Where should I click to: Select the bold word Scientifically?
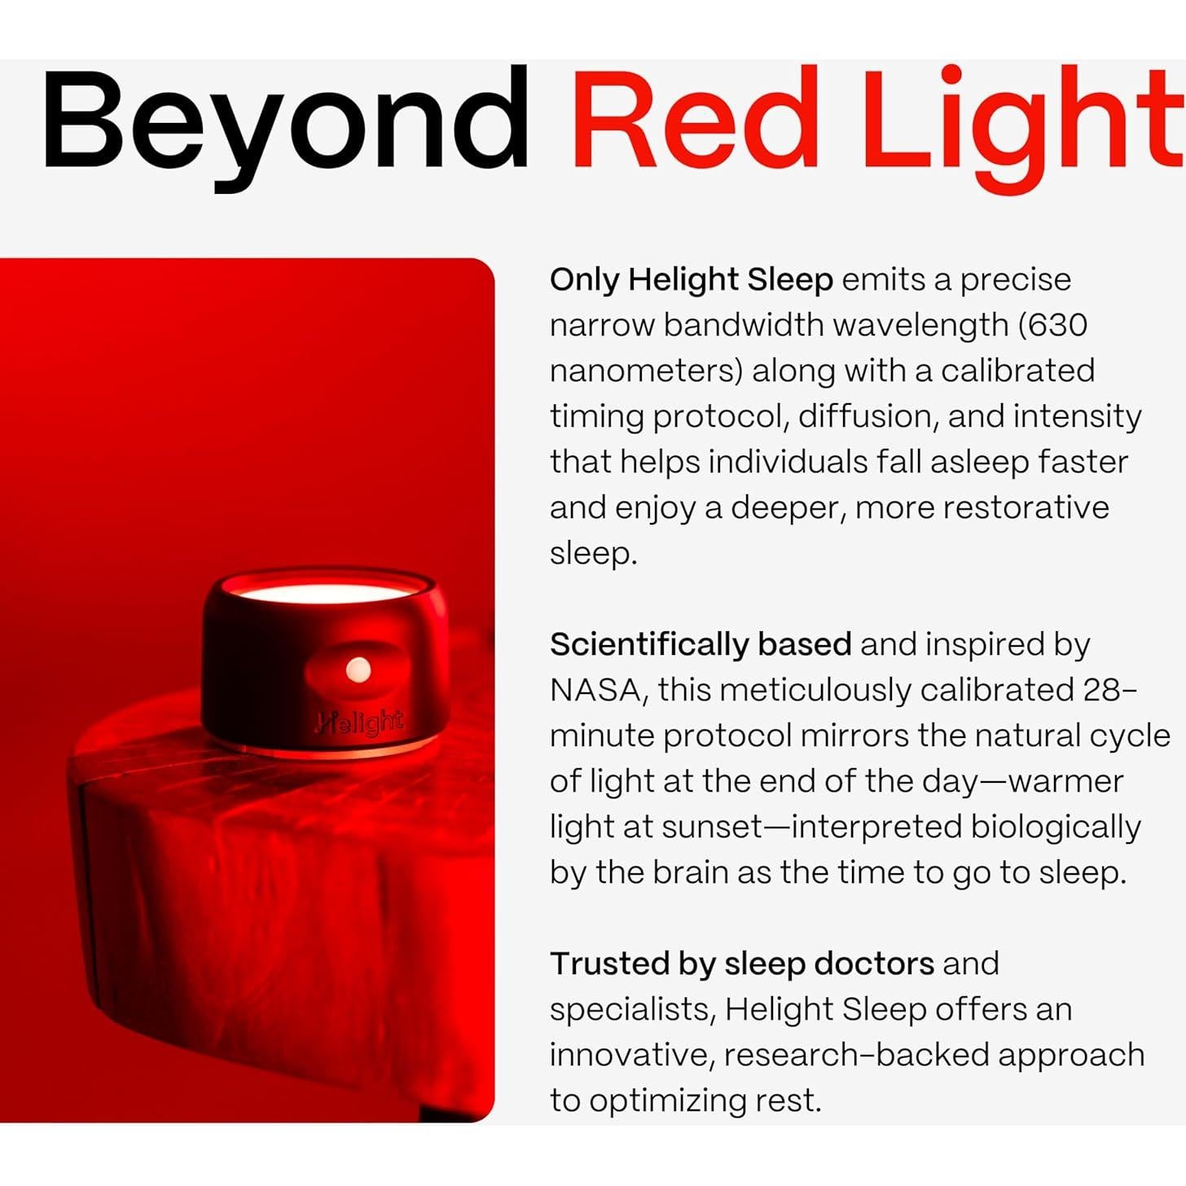[x=649, y=644]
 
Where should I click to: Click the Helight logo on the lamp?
[x=360, y=723]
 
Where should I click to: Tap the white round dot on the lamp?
[x=358, y=670]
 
